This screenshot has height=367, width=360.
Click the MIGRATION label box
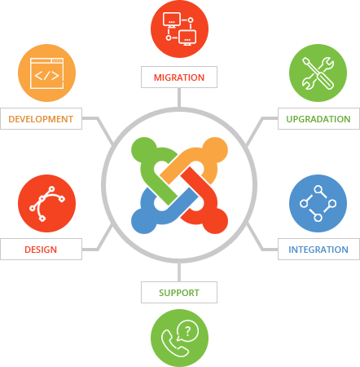coord(179,77)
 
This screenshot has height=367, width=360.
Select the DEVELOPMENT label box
coord(41,119)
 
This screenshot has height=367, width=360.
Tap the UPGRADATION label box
coord(318,119)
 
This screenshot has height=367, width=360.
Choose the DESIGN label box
coord(41,250)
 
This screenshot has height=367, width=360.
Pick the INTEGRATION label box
coord(318,250)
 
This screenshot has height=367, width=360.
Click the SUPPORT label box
coord(179,291)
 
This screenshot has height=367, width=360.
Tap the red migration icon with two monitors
coord(179,29)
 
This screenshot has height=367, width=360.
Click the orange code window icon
coord(46,73)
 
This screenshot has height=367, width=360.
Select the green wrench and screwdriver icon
coord(318,73)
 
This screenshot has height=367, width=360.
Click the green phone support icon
coord(179,338)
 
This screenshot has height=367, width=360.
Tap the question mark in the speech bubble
coord(188,330)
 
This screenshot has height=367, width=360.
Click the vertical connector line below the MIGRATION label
coord(179,95)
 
